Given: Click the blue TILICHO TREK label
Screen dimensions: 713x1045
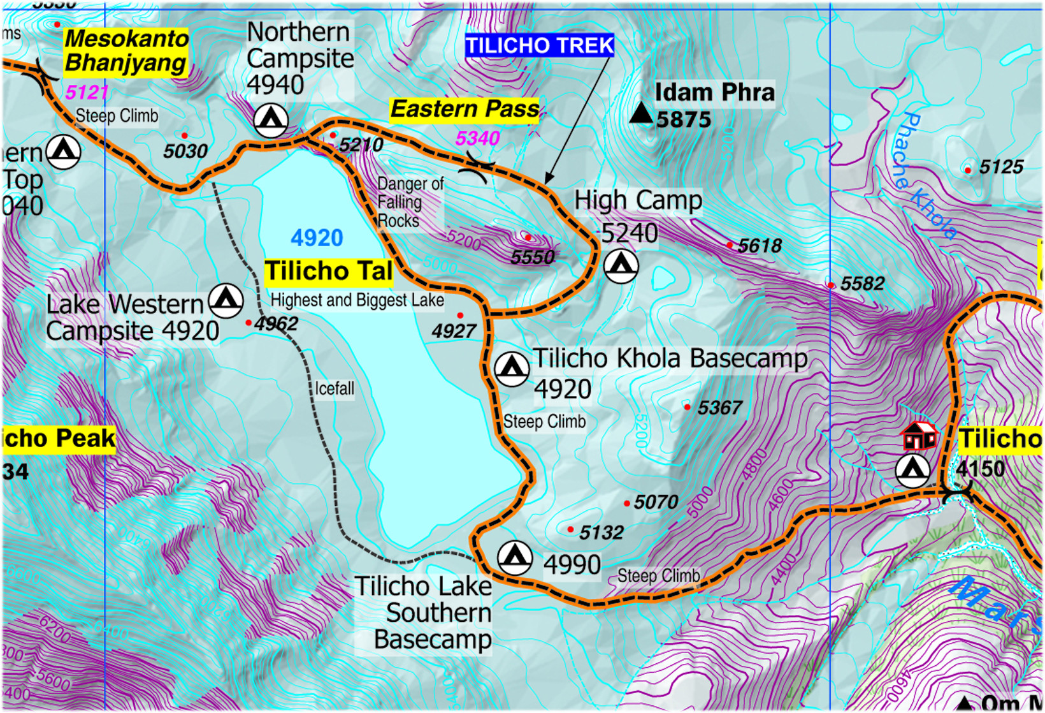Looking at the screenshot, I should point(539,46).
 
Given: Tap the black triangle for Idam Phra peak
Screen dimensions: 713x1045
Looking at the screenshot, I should point(640,114).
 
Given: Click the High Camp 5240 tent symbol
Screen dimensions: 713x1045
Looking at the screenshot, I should point(621,265).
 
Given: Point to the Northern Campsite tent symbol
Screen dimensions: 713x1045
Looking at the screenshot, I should point(271,119).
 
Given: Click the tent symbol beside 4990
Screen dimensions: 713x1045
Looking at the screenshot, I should point(515,557).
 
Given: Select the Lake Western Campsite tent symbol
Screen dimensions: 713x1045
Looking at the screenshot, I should point(226,300).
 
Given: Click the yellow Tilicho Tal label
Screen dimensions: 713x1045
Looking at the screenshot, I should point(329,272).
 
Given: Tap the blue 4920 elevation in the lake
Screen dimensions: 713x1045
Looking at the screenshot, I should point(317,239).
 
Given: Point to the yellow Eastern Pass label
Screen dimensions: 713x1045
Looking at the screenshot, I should point(465,110).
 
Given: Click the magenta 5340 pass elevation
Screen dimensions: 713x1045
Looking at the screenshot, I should point(477,138).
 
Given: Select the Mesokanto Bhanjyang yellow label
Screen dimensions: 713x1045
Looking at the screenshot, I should point(126,51).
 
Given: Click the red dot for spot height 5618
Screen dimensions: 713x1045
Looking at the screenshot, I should point(730,245).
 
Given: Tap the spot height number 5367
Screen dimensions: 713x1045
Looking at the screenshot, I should point(719,408).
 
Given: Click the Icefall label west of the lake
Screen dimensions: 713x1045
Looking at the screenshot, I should point(334,389).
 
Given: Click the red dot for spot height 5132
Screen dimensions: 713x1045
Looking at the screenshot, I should point(570,529).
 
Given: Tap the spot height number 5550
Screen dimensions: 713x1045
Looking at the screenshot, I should point(533,257).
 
